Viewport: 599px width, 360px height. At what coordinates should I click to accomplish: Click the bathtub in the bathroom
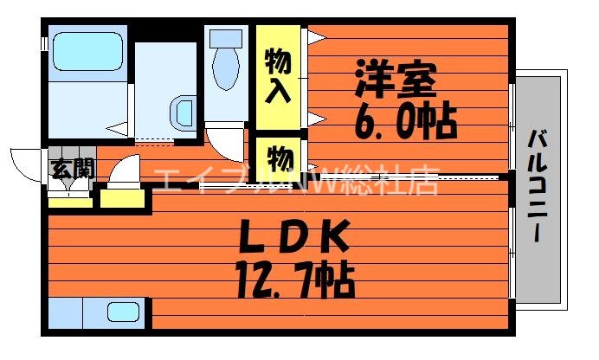[x=87, y=52]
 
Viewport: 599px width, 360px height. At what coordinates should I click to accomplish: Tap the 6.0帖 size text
[x=404, y=121]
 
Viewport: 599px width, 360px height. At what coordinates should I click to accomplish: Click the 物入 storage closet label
[x=277, y=76]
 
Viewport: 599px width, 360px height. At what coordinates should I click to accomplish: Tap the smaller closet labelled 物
[x=278, y=158]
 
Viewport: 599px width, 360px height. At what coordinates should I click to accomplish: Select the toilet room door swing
[x=223, y=143]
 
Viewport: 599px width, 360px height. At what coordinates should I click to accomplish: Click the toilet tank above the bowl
[x=227, y=39]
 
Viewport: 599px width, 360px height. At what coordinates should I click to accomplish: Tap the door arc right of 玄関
[x=121, y=168]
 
